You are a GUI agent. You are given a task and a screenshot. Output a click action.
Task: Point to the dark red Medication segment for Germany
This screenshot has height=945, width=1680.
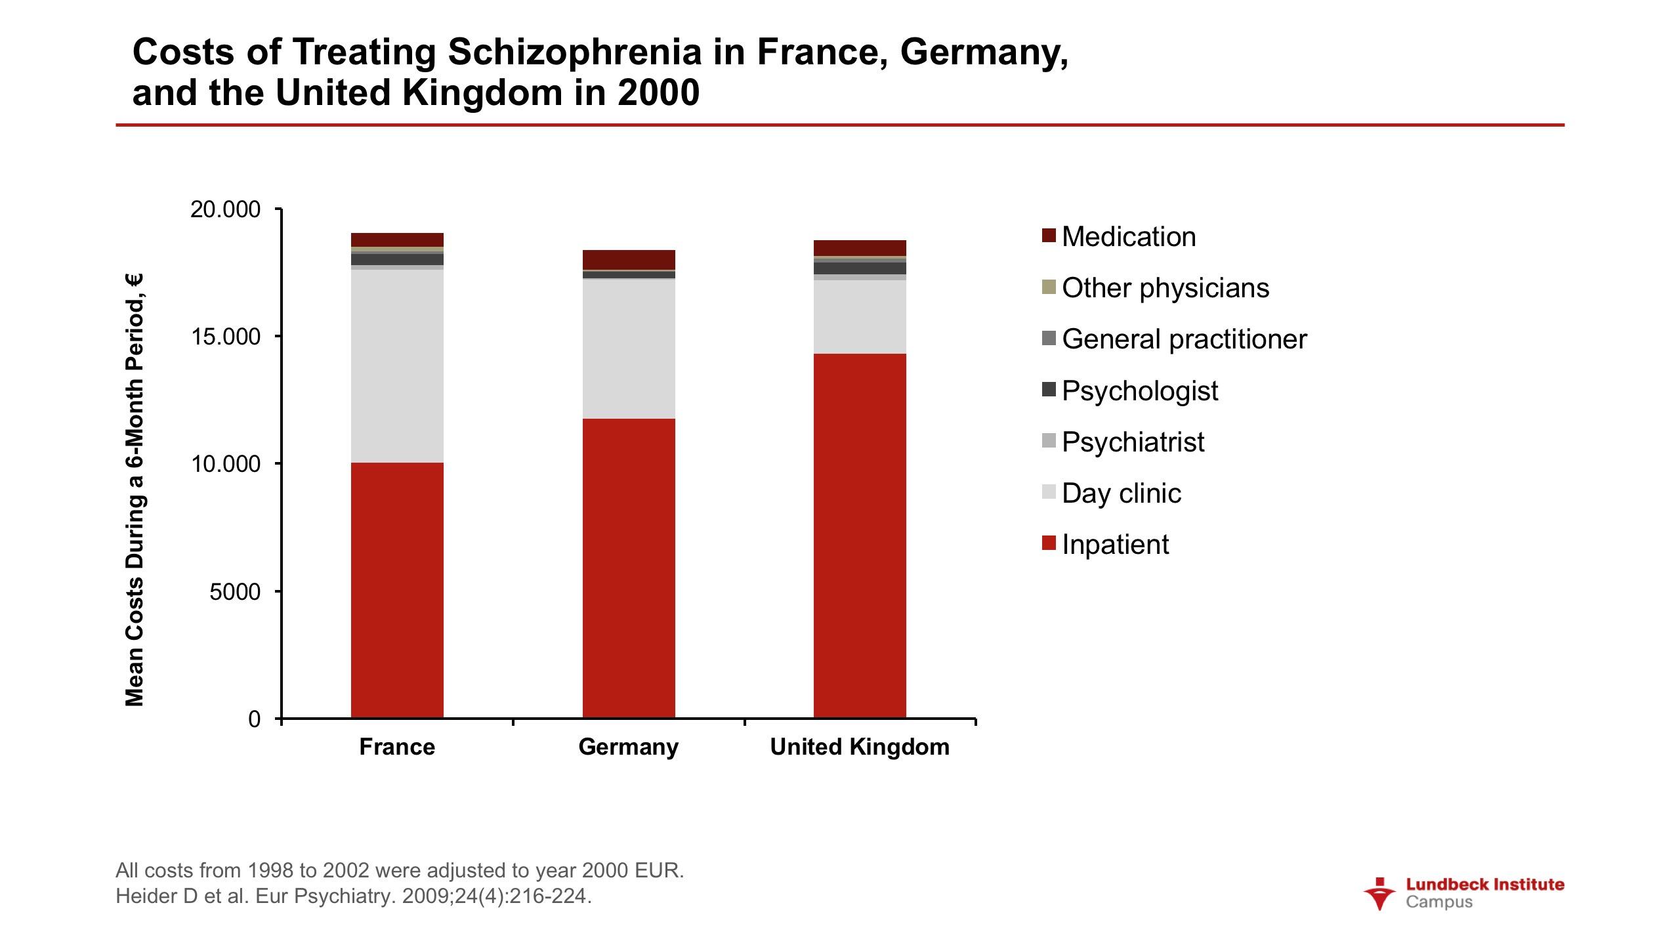[629, 259]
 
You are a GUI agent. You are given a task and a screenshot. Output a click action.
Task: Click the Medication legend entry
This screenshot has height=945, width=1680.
[1128, 237]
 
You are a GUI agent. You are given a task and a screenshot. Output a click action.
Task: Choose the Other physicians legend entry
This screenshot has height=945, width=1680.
[1165, 288]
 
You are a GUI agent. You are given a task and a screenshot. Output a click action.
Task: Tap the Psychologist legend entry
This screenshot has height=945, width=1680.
[1139, 390]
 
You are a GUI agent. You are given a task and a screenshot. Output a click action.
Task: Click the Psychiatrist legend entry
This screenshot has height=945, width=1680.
[1133, 442]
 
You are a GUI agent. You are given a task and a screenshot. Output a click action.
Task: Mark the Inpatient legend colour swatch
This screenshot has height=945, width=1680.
[1049, 543]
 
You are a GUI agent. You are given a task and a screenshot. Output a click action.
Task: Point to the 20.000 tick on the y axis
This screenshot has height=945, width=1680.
[225, 210]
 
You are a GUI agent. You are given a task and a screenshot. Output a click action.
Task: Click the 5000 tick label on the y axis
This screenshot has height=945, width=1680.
[235, 592]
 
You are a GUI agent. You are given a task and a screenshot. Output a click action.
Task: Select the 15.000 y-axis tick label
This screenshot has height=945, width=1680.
[225, 337]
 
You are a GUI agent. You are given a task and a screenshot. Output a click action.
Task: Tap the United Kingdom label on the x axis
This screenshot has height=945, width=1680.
[860, 747]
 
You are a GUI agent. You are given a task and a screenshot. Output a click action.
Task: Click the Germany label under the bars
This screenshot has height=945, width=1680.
[629, 747]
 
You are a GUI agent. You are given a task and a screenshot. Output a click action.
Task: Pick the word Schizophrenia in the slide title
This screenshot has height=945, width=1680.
[574, 52]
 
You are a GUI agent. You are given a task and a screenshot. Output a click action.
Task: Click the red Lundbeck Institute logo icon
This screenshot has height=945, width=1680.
[1379, 893]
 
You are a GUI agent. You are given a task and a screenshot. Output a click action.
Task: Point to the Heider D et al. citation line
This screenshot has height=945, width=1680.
[354, 896]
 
